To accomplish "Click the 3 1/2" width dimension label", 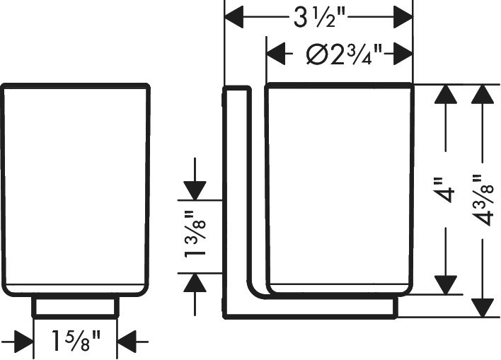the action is pos(320,18).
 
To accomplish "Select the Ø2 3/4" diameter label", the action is pos(344,54).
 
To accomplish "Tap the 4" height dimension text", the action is pos(445,190).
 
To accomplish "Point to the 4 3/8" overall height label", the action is pos(483,200).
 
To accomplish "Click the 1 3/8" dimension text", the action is pos(195,234).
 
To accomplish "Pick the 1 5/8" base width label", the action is pos(76,340).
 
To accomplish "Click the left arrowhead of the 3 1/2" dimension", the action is pos(234,16).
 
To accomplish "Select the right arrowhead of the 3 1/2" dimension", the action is pos(403,16).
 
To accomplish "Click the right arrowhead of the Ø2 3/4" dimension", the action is pos(403,53).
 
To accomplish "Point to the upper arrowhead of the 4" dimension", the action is pos(445,94).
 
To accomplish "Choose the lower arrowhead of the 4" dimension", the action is pos(445,285).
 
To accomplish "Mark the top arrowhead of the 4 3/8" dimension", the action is pos(483,94).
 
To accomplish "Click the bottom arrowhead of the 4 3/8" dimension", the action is pos(483,308).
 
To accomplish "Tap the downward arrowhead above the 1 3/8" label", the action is pos(195,191).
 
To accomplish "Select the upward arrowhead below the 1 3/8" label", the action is pos(195,283).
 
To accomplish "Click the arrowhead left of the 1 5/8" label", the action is pos(24,342).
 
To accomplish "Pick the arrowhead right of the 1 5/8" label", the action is pos(127,342).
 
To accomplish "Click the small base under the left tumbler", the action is pos(76,307).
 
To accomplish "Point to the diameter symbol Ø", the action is pos(317,54).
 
